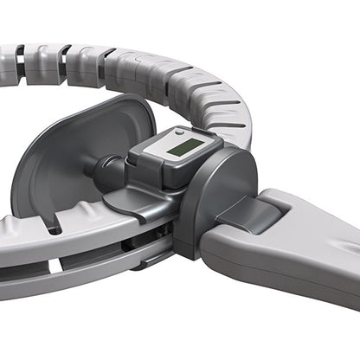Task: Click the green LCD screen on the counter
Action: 182,147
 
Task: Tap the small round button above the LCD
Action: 178,133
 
